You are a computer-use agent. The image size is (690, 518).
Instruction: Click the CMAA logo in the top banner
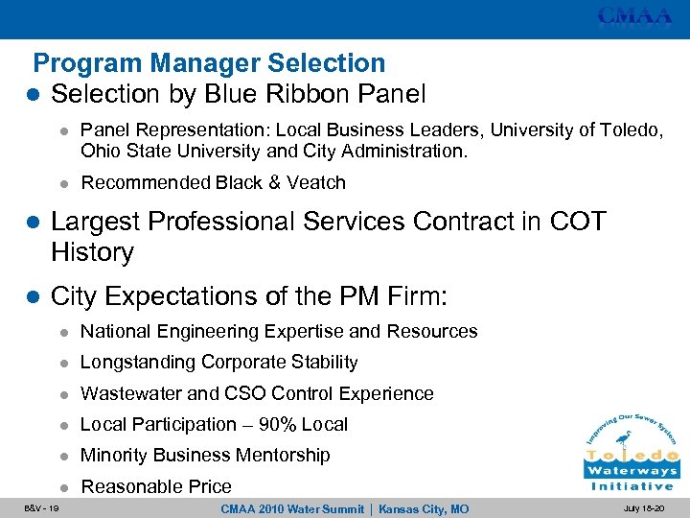click(635, 16)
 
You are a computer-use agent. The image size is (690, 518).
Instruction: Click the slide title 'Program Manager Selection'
click(209, 63)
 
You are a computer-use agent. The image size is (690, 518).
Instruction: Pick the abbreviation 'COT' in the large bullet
click(578, 222)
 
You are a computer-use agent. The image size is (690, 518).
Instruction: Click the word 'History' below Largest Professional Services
click(92, 252)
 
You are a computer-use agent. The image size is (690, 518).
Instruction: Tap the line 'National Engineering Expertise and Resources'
click(279, 331)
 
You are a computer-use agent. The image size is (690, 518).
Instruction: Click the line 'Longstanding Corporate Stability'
click(219, 362)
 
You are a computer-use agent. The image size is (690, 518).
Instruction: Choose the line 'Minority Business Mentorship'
click(205, 455)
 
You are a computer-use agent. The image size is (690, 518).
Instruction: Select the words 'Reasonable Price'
click(156, 486)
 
